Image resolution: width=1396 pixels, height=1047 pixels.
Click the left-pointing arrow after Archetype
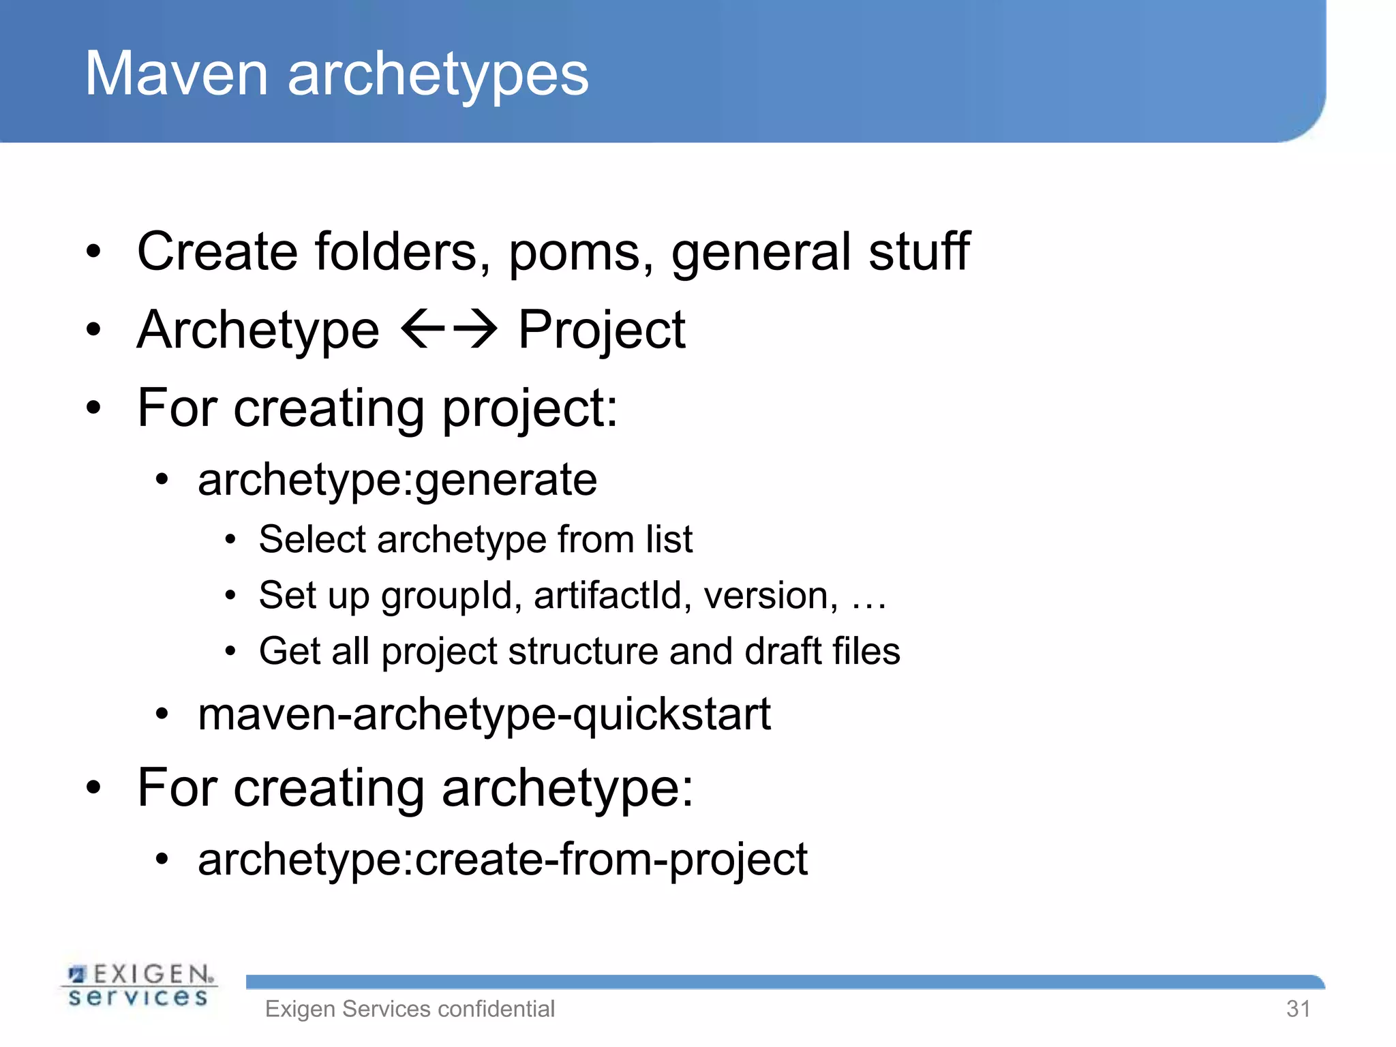tap(423, 329)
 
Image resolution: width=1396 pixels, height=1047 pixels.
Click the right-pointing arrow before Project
tap(476, 329)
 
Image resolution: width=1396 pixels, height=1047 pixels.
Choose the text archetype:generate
tap(397, 481)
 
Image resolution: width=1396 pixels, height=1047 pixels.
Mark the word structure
tap(583, 652)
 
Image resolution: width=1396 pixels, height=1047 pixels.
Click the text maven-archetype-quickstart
tap(484, 716)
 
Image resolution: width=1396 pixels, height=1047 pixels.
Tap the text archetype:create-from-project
tap(502, 860)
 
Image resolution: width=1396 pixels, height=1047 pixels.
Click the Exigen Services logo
tap(139, 986)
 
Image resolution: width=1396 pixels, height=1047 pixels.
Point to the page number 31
tap(1298, 1009)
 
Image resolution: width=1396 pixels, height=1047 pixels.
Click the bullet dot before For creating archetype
tap(93, 788)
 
